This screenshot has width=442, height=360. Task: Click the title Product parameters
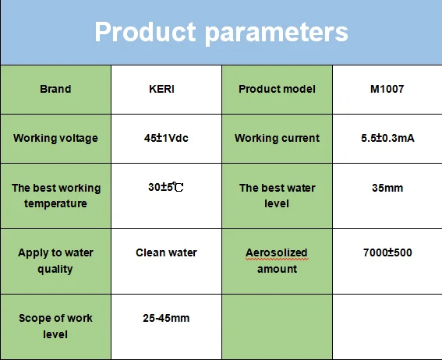(221, 33)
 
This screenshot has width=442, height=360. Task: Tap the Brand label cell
(55, 89)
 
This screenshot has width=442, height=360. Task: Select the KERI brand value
(162, 89)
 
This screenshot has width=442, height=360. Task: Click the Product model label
(277, 89)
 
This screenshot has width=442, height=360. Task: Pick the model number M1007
(387, 89)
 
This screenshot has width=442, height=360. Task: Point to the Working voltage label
(55, 138)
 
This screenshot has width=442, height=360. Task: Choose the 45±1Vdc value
(166, 138)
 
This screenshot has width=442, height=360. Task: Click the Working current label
(277, 138)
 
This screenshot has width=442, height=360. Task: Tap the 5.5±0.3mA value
(387, 138)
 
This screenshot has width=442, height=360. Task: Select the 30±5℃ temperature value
(166, 187)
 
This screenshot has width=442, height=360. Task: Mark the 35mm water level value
(387, 188)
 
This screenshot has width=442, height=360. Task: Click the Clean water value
(166, 252)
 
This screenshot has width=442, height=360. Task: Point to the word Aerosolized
(277, 252)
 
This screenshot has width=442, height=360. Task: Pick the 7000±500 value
(387, 252)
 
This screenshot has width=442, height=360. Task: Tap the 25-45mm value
(166, 318)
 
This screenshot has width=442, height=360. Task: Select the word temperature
(55, 204)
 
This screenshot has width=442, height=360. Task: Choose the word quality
(55, 270)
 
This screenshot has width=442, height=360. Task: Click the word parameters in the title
(277, 34)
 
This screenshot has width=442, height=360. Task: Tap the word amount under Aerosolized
(277, 269)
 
